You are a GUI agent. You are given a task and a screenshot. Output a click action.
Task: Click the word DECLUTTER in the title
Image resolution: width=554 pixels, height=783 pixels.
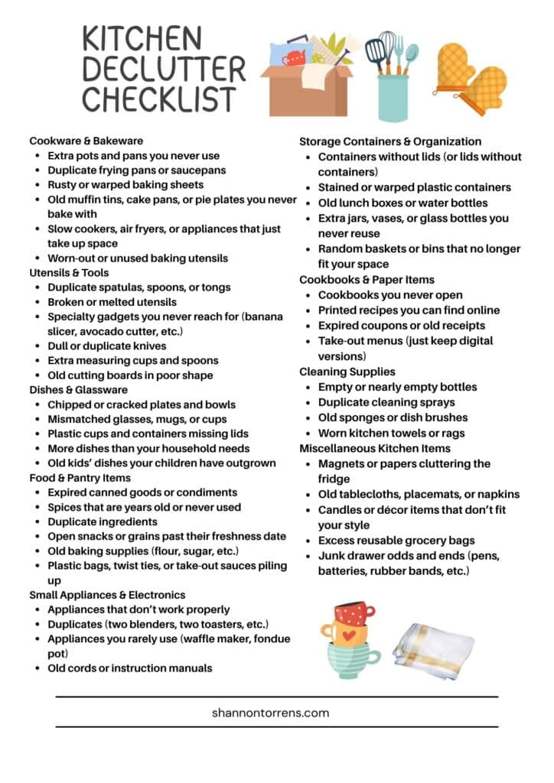click(164, 69)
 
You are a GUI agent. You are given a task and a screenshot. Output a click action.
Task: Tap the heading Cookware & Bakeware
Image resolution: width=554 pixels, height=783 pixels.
click(86, 141)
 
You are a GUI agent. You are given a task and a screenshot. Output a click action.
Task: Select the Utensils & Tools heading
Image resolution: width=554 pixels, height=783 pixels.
click(69, 272)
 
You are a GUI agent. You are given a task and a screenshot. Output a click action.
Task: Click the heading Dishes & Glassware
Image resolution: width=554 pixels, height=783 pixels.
click(79, 389)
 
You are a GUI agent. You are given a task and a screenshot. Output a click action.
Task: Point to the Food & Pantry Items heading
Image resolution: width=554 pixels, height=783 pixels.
click(80, 478)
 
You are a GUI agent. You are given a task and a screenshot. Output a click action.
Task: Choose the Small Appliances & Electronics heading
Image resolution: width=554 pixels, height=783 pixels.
click(107, 595)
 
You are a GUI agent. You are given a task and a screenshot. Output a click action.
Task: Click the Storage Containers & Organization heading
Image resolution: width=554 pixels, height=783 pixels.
click(390, 141)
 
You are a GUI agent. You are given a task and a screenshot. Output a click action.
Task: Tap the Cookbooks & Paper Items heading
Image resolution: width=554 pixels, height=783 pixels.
click(367, 280)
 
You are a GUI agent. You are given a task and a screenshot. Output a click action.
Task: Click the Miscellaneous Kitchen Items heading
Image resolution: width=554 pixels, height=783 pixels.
click(375, 448)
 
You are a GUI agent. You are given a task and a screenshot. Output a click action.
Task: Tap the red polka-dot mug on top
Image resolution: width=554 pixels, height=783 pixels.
click(355, 612)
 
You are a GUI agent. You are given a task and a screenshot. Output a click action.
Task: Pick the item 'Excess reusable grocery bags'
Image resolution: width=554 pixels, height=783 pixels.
click(396, 541)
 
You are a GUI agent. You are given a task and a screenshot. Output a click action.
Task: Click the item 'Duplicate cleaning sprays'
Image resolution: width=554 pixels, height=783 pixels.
click(386, 402)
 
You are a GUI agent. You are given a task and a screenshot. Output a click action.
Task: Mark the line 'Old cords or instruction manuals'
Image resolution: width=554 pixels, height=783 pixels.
click(129, 668)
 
